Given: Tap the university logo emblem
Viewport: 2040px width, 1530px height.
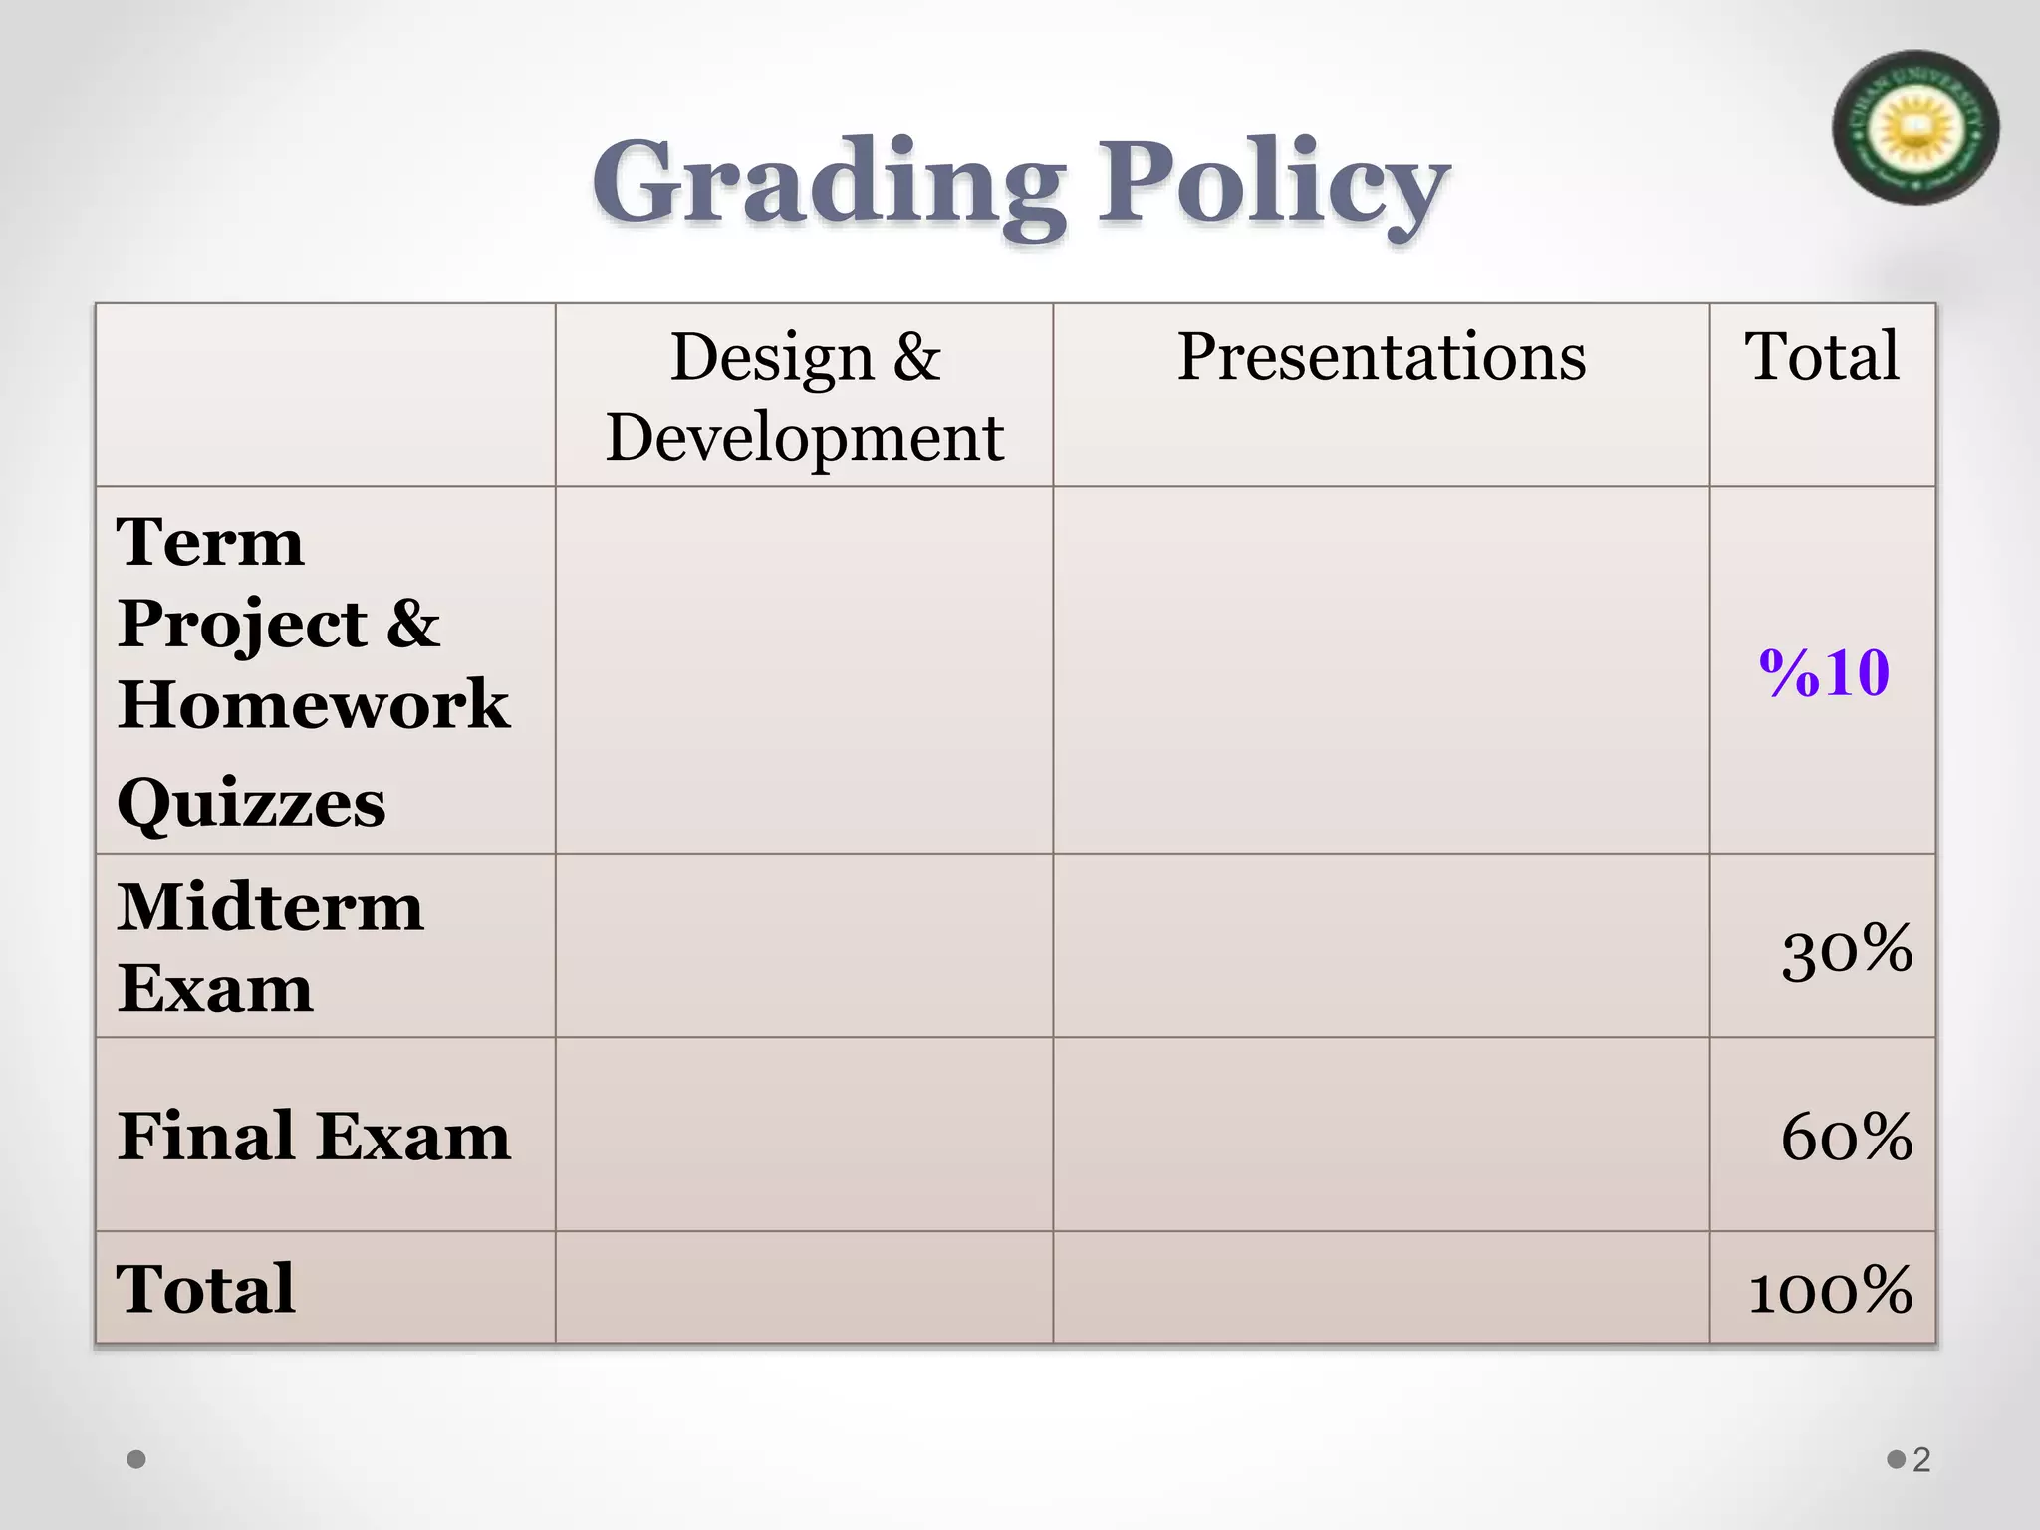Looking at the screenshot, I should [x=1914, y=128].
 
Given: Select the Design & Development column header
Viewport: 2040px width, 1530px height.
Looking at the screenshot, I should [x=804, y=395].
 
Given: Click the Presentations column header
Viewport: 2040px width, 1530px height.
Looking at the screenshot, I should [x=1381, y=356].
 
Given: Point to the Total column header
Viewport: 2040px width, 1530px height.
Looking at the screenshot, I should [x=1822, y=356].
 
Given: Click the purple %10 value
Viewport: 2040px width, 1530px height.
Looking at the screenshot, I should [x=1824, y=672].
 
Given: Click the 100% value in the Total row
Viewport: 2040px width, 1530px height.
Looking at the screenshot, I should [x=1831, y=1290].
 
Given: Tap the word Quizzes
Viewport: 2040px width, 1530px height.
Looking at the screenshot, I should [x=251, y=803].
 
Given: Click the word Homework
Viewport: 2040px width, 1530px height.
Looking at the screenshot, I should [x=313, y=704].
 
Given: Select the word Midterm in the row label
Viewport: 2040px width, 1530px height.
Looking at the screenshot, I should [x=270, y=907].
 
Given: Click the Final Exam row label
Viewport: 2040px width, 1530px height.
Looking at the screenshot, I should [x=314, y=1136].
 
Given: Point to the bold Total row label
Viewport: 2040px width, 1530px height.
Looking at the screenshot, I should [x=205, y=1288].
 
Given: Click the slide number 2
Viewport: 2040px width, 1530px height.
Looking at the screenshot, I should [x=1921, y=1460].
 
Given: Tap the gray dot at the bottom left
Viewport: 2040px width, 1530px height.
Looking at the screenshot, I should [x=137, y=1460].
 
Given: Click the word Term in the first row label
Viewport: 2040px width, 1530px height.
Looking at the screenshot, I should [x=210, y=543].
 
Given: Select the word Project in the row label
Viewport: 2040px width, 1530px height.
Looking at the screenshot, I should [x=242, y=624].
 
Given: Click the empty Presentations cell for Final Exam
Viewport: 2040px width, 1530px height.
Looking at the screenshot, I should [x=1381, y=1135].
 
